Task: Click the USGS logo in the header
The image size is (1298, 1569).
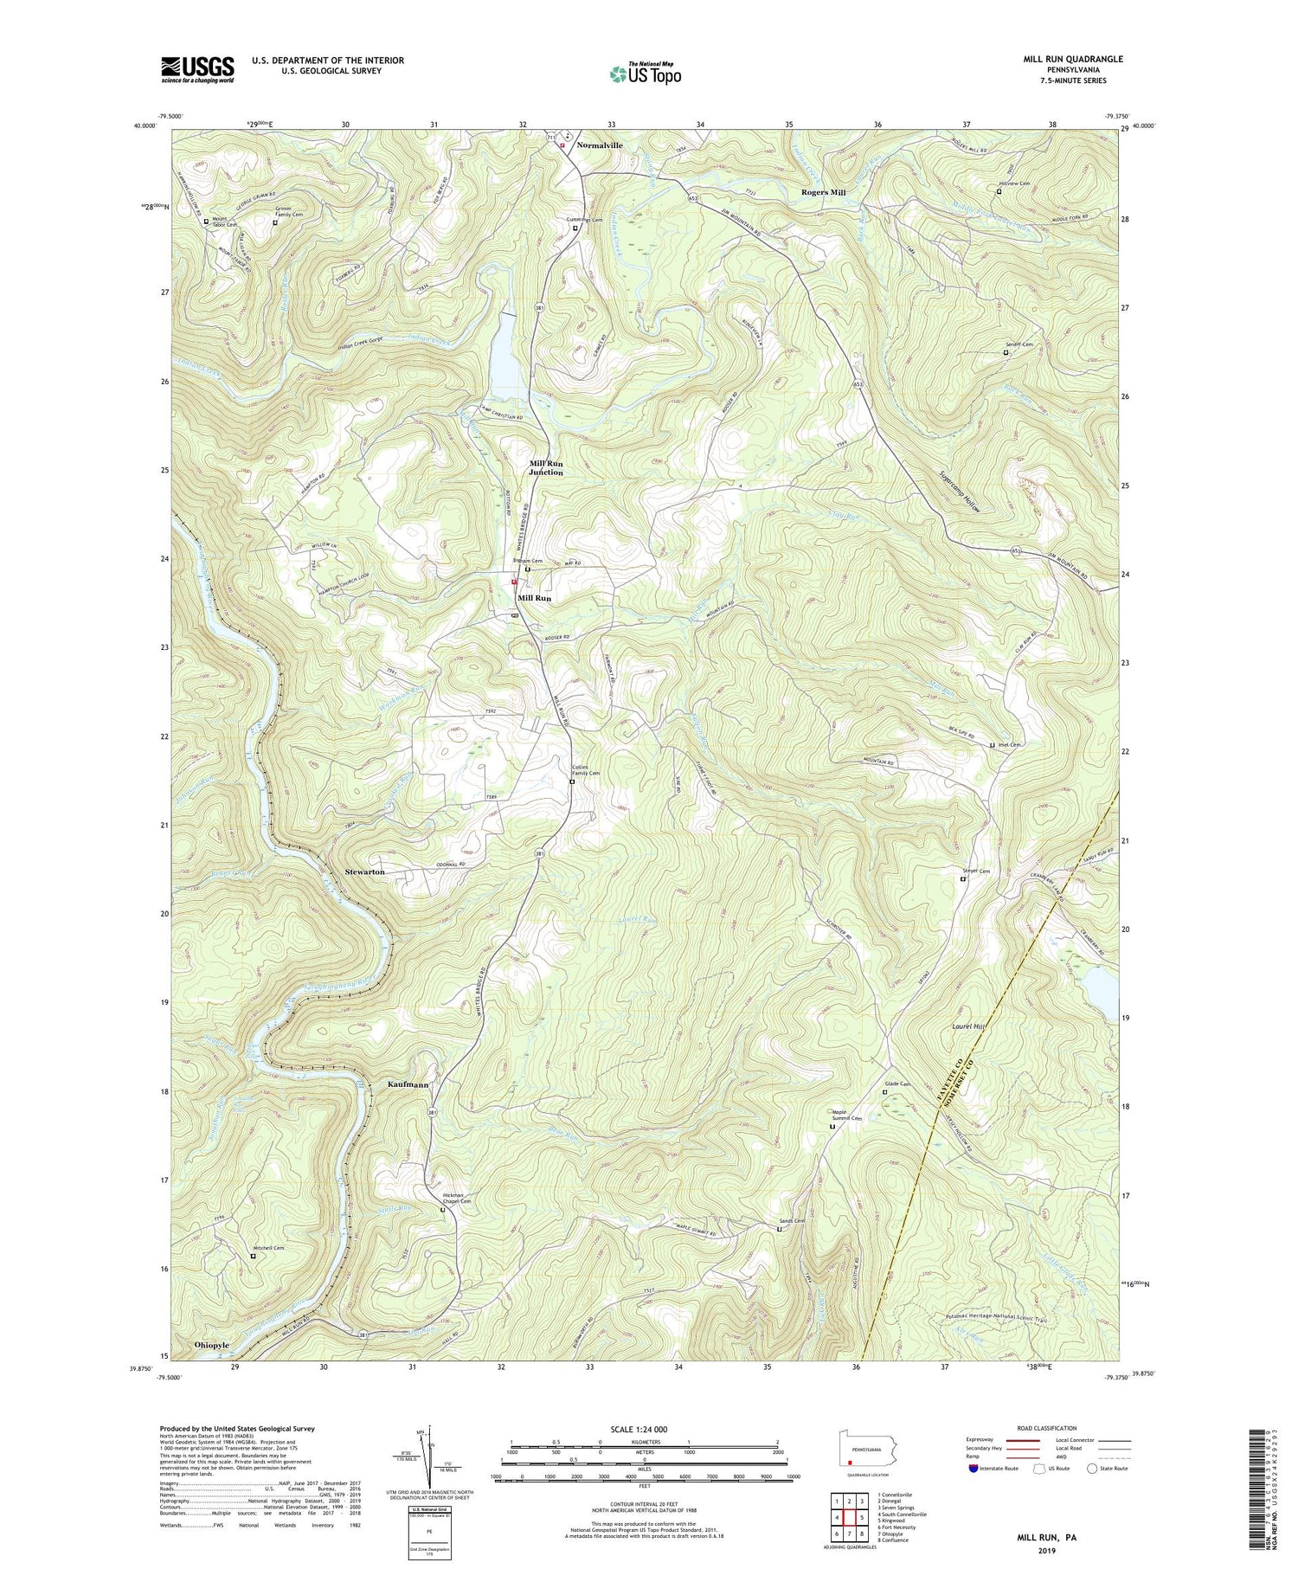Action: (x=196, y=69)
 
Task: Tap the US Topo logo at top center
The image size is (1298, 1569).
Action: (x=645, y=74)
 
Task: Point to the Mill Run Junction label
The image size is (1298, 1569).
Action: (x=546, y=468)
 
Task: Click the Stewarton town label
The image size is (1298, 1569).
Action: (x=364, y=872)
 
